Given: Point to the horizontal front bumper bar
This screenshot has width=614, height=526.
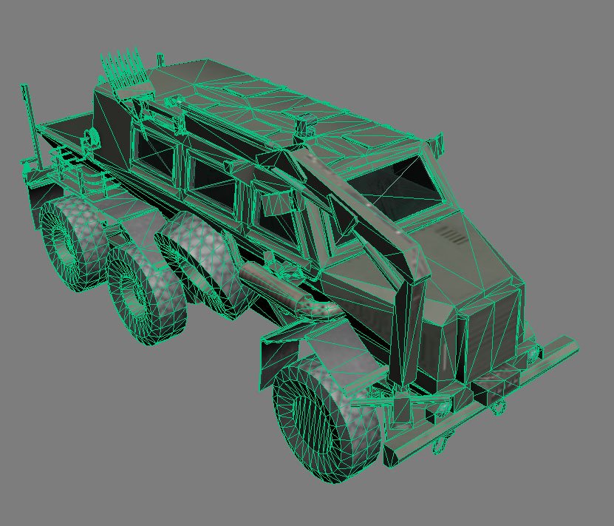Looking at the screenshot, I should tap(480, 399).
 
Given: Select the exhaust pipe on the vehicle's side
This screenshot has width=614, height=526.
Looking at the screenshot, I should tap(284, 289).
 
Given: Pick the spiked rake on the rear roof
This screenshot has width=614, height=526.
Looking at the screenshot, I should tap(122, 70).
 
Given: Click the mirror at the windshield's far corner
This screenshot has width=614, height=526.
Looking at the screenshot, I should tap(437, 141).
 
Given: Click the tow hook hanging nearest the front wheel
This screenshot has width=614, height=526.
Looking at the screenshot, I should tap(441, 445).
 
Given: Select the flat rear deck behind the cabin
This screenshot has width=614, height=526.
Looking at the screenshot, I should tap(70, 133).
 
